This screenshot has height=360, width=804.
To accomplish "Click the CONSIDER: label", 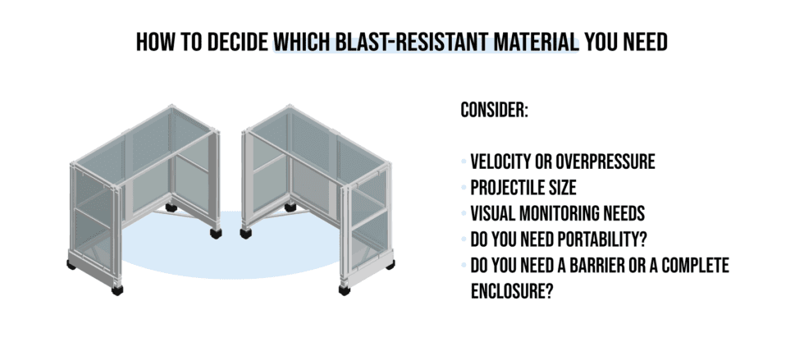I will [494, 110].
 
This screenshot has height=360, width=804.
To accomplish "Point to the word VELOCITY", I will [501, 162].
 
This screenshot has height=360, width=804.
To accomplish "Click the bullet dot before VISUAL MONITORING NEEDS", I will [464, 215].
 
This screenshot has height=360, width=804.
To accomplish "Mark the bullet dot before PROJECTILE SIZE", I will [464, 189].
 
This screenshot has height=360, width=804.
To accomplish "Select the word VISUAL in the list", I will [496, 214].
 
